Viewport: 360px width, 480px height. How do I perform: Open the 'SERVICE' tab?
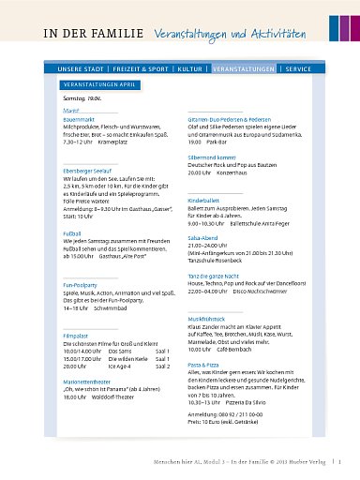point(298,70)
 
